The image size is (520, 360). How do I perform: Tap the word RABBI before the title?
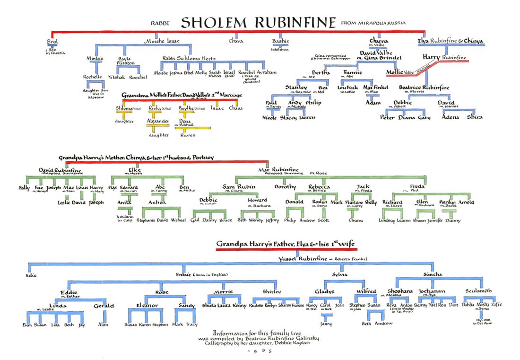point(159,23)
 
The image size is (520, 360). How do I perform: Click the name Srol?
point(53,41)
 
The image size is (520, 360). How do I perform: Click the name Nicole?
point(269,117)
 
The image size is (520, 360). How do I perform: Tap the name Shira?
point(474,117)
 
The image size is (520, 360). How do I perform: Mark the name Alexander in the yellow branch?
point(157,121)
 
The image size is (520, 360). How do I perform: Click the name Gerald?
point(104,306)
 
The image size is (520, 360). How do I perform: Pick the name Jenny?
point(326,324)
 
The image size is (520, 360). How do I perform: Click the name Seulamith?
point(478,291)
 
